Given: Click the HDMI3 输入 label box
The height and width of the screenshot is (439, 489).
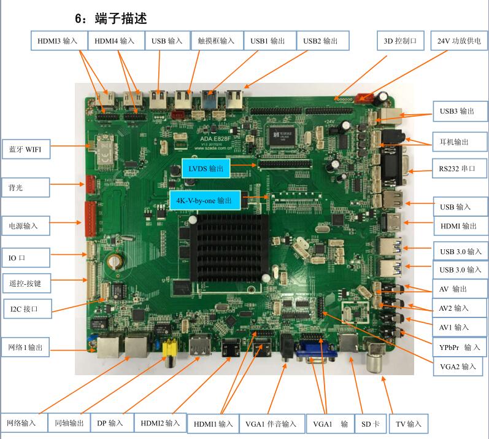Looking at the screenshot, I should tap(57, 41).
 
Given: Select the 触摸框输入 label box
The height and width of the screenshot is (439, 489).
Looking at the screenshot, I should tap(217, 41).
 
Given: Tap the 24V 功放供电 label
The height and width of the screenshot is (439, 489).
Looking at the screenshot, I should tap(459, 41).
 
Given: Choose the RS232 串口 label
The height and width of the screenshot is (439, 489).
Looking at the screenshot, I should tap(453, 168).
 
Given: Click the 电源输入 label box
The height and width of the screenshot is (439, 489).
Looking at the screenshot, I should tap(23, 226).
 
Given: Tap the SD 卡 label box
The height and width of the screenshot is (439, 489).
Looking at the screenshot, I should tap(370, 424).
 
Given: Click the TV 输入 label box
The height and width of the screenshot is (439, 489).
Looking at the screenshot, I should tap(409, 424).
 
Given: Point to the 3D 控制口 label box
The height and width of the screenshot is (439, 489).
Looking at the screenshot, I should tap(400, 41).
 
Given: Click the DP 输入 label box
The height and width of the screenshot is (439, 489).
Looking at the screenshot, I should tap(110, 423).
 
